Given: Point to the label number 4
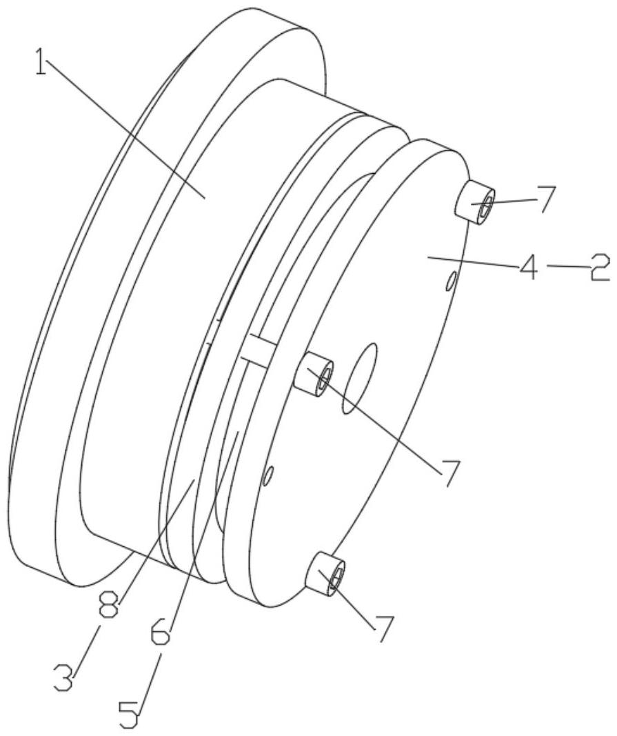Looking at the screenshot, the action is (x=528, y=266).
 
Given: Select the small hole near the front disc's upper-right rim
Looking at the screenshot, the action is (x=452, y=281).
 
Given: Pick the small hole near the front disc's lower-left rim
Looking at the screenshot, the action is (x=270, y=474).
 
